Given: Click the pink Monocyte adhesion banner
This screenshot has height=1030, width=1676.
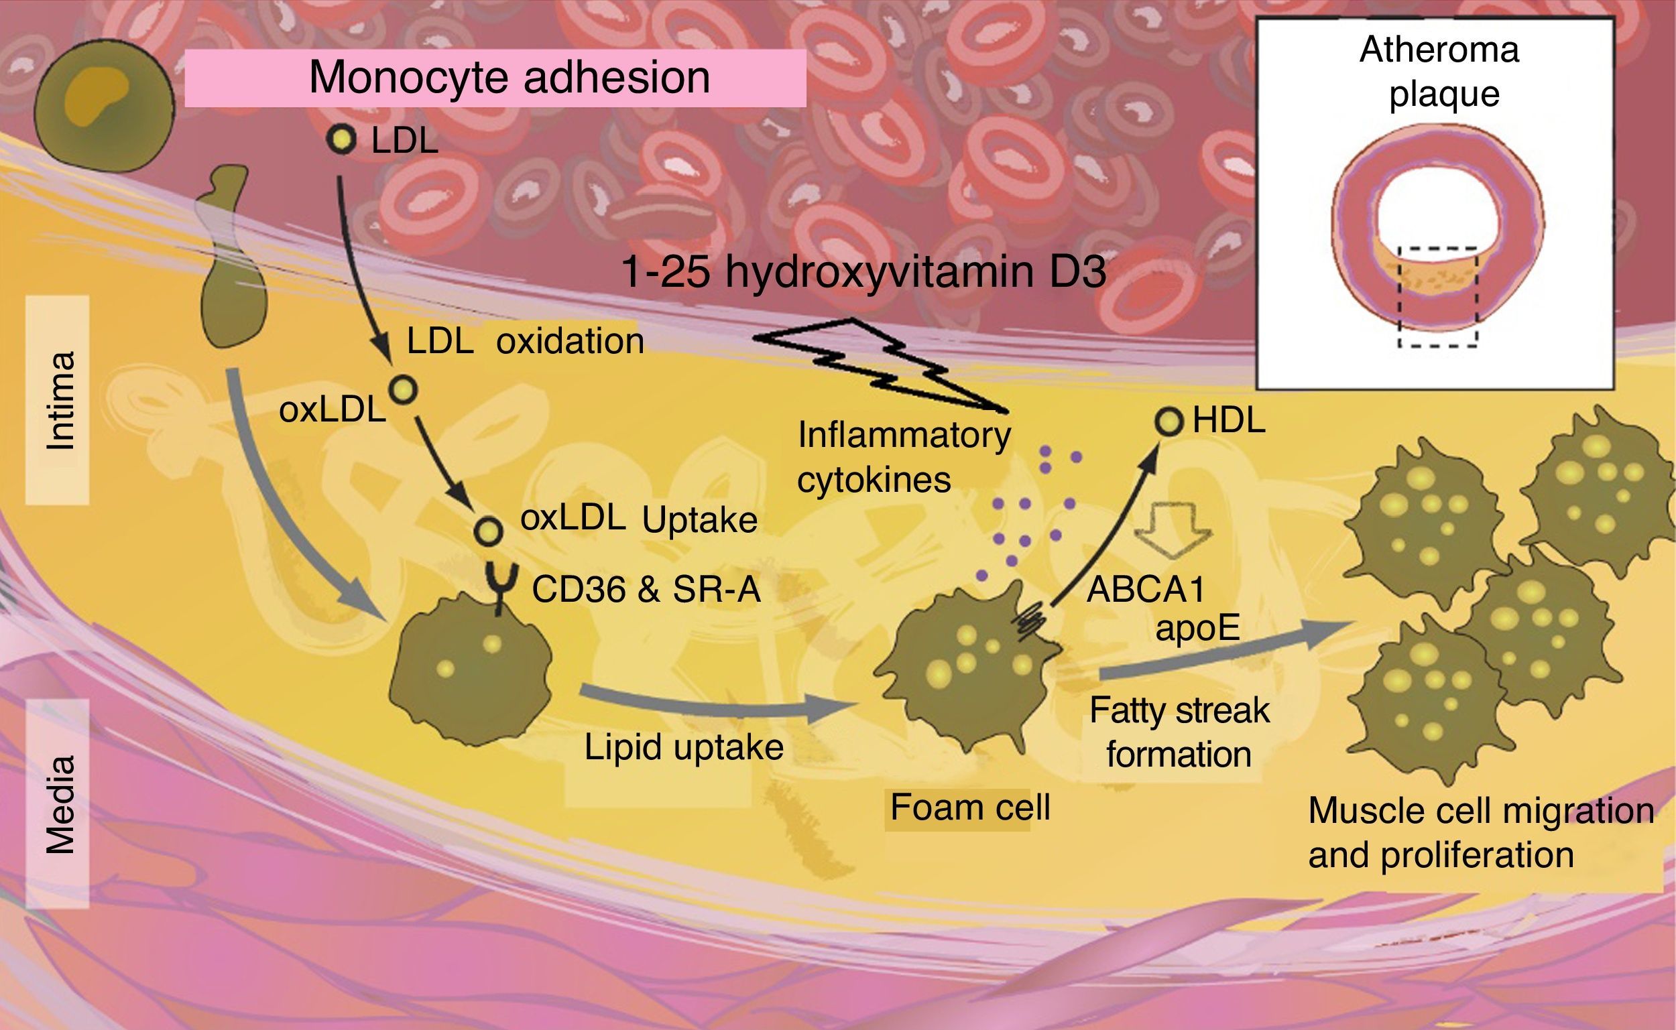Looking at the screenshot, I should click(x=495, y=78).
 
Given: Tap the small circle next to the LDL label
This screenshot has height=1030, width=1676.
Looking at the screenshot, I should click(x=341, y=139).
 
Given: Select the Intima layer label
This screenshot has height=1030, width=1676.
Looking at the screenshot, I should click(x=58, y=401).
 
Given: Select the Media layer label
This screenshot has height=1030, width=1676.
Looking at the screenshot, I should click(x=58, y=804).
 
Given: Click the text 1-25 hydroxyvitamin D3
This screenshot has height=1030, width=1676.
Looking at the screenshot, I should click(x=863, y=272).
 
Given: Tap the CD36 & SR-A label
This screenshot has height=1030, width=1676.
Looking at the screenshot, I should click(x=645, y=589).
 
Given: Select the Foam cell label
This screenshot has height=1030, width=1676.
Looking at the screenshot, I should click(x=969, y=808).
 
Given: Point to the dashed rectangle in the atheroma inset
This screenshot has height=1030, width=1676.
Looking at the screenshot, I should click(x=1437, y=297).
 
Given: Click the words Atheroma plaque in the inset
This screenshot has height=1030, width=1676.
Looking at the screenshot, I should click(x=1439, y=72).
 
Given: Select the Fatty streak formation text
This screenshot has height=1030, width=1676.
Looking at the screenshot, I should click(x=1179, y=732).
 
